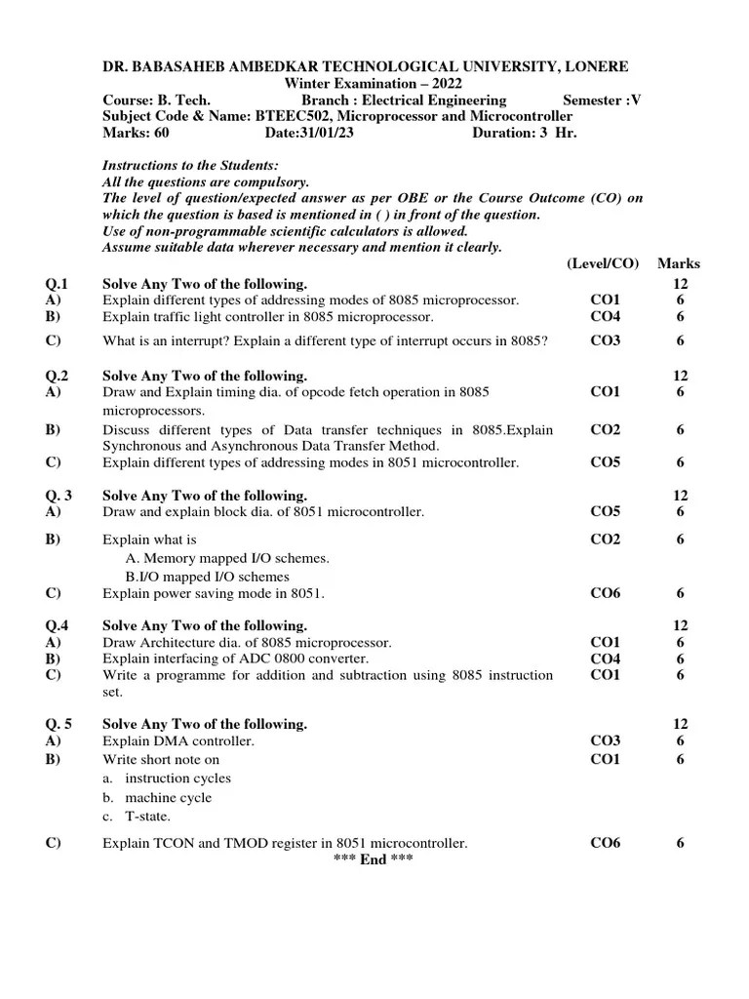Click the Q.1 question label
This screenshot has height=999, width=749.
[57, 283]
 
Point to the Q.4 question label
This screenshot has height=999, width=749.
[57, 625]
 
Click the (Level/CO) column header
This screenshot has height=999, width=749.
[603, 263]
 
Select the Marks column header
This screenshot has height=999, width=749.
[679, 263]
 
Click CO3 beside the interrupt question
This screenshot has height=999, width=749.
[605, 340]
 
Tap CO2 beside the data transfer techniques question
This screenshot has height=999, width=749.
[605, 429]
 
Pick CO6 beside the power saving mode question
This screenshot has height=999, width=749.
[605, 592]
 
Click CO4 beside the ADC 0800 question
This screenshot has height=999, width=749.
[605, 659]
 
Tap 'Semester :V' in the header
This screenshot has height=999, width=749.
[603, 100]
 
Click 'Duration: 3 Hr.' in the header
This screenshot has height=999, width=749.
[525, 133]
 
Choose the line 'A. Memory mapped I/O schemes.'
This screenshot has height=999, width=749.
[227, 558]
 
